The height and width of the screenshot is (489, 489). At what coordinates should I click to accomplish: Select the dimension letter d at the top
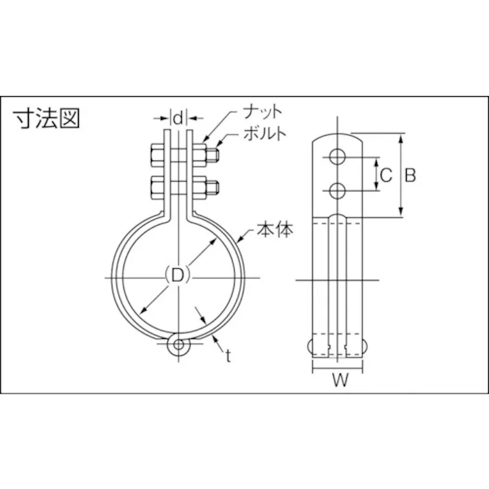click(178, 118)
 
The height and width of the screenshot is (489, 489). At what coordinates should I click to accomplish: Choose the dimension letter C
click(385, 175)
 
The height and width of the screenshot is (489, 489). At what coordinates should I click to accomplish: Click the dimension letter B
click(409, 175)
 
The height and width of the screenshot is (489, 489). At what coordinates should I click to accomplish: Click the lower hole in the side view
click(336, 190)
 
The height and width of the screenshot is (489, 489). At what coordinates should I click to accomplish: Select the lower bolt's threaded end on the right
click(214, 186)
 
